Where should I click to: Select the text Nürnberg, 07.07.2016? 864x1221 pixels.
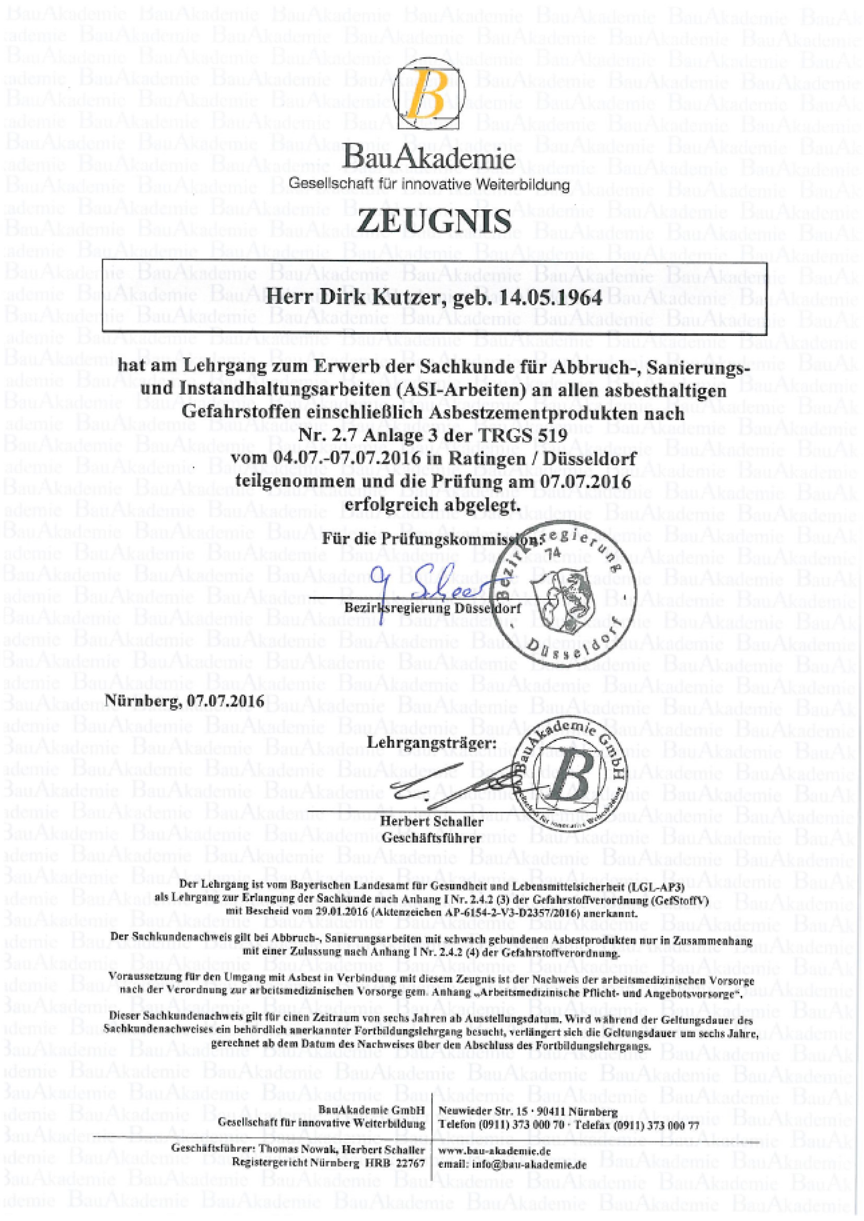[x=186, y=701]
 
